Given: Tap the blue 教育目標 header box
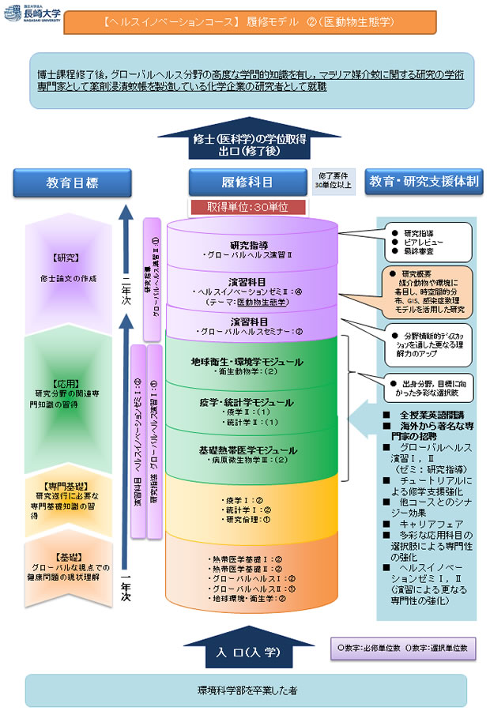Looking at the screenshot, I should coord(72,182).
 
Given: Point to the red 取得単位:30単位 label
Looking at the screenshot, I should coord(247,206).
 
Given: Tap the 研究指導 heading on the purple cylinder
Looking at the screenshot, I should coord(249,244).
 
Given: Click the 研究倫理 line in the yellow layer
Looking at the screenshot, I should coord(249,519).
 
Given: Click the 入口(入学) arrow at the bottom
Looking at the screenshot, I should coord(246,653).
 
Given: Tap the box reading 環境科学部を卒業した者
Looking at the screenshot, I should coord(246,690).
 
